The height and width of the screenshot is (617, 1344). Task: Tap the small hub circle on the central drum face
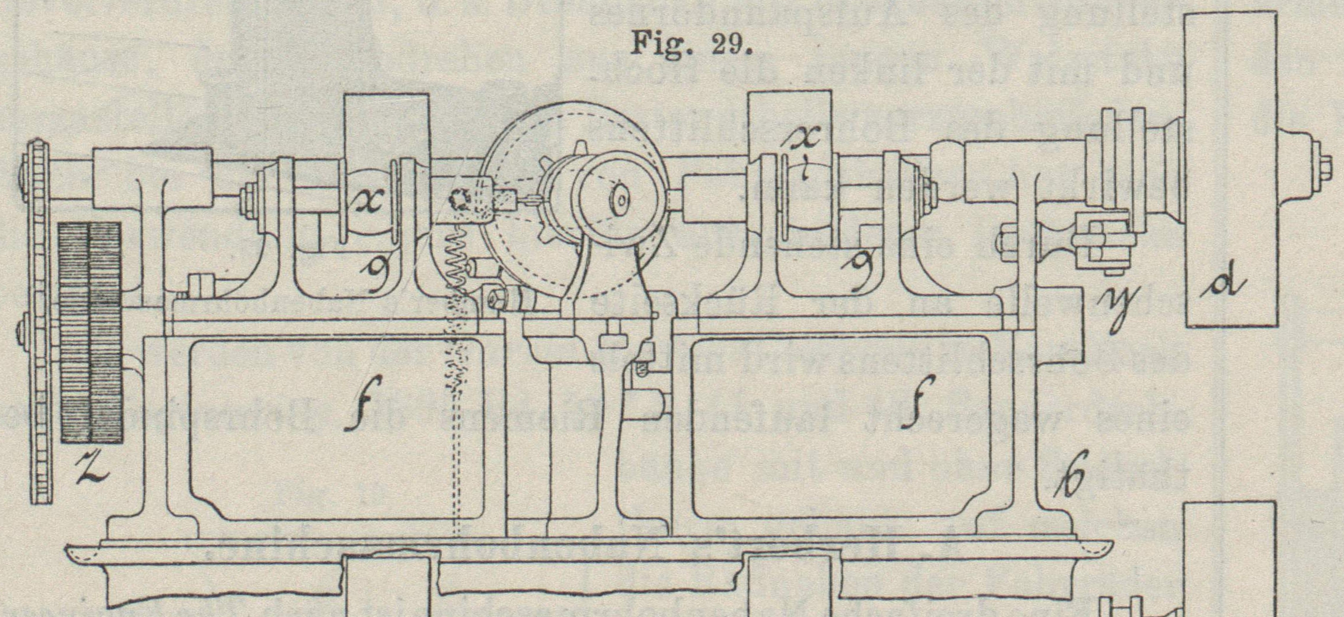620,201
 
